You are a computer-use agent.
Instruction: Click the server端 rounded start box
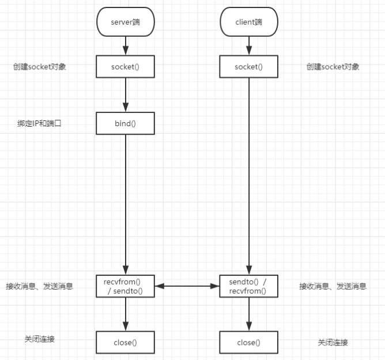point(125,22)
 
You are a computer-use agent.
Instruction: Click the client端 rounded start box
point(249,22)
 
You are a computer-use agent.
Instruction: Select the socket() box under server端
point(125,67)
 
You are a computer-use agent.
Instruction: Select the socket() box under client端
point(249,67)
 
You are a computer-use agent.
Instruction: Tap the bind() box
point(125,123)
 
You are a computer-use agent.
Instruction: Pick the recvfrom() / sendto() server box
point(125,286)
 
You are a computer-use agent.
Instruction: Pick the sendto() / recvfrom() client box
point(249,286)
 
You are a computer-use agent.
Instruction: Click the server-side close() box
point(125,342)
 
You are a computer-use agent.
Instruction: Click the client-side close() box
point(249,342)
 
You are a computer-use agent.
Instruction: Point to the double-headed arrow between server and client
point(187,286)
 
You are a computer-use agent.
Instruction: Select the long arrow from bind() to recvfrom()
point(125,202)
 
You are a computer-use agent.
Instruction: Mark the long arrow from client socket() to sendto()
point(249,173)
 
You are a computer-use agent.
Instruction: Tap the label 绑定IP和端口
point(39,123)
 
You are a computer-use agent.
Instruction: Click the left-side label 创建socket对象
point(39,67)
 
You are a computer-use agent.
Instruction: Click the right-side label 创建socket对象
point(333,67)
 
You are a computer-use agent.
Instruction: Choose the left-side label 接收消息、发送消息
point(39,286)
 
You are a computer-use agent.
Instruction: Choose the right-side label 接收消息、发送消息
point(333,286)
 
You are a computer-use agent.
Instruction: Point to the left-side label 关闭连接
point(40,339)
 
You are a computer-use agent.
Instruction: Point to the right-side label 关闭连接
point(333,343)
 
